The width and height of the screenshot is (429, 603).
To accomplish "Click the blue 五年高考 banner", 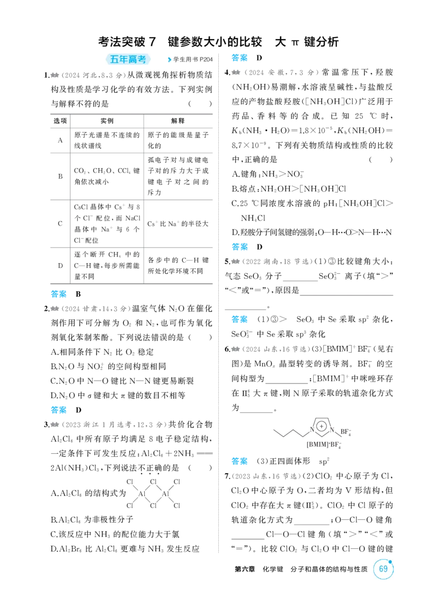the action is [128, 59].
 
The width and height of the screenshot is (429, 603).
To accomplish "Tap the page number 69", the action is [383, 569].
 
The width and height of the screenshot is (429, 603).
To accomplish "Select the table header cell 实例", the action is [107, 121].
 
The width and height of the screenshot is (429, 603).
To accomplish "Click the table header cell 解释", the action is [178, 121].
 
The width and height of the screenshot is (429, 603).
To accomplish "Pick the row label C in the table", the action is [60, 223].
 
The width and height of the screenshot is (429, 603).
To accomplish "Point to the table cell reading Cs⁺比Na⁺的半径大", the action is [178, 223].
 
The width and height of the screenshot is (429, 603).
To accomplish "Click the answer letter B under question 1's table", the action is [78, 294].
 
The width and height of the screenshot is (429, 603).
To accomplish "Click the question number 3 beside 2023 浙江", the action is [46, 425].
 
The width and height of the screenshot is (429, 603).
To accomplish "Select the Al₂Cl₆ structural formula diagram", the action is [153, 493].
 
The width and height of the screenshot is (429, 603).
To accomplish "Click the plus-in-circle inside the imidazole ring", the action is [322, 426].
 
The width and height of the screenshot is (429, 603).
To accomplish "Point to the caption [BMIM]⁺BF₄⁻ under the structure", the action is [324, 445].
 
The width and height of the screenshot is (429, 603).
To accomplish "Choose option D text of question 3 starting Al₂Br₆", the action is [125, 549].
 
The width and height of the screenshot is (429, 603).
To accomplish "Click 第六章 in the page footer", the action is [245, 569].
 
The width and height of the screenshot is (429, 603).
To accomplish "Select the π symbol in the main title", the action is [294, 42].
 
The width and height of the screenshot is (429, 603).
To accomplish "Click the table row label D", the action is [60, 265].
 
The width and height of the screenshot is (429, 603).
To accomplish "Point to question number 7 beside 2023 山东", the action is [227, 476].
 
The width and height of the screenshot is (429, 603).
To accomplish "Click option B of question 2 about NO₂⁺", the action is [108, 367].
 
